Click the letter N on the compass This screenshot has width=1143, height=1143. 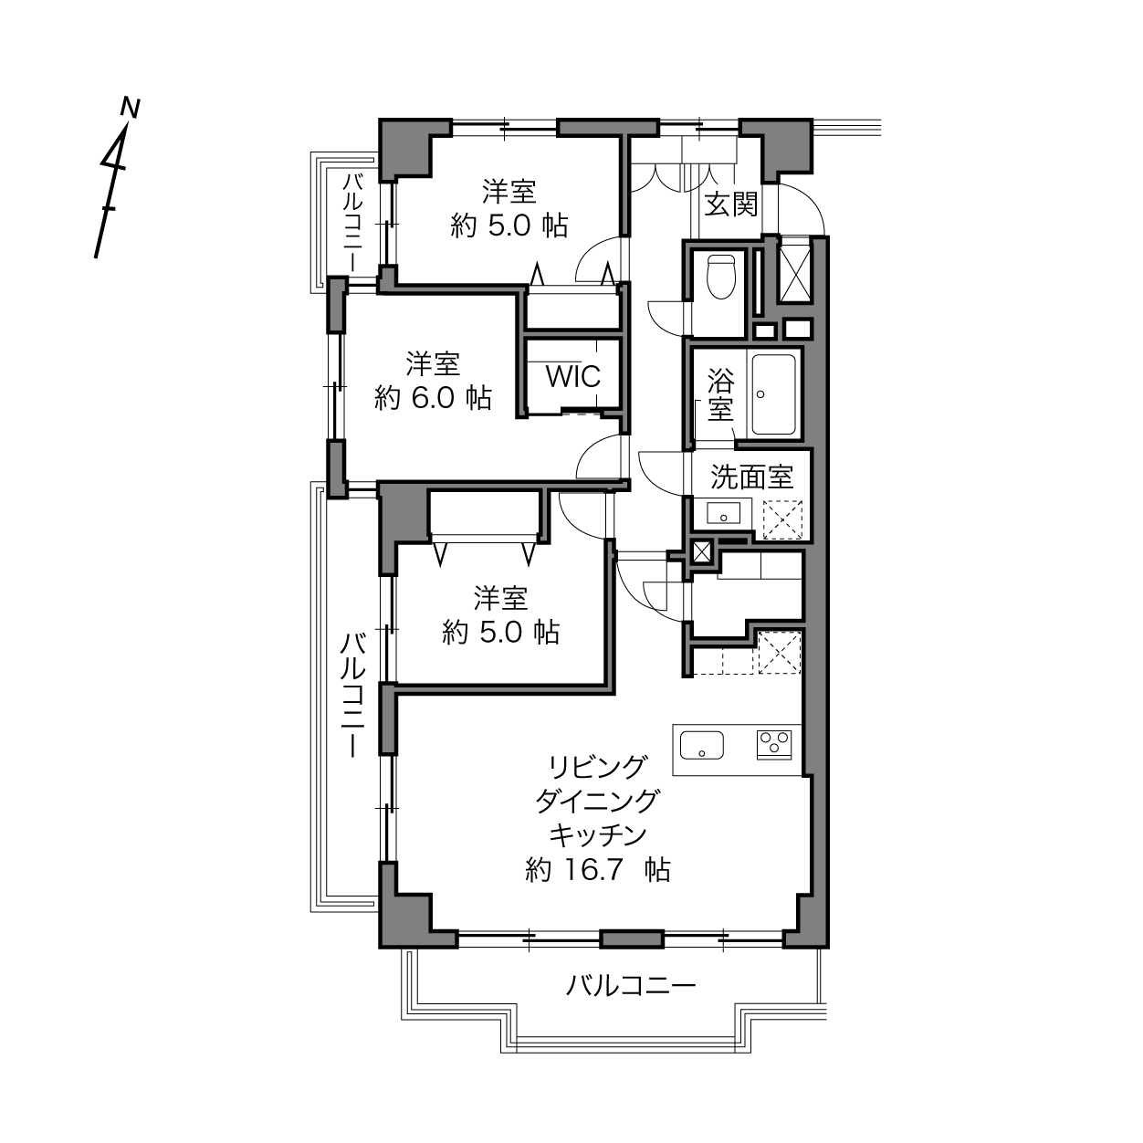coord(130,108)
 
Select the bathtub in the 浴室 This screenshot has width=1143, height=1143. coord(773,394)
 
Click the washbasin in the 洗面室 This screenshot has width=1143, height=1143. coord(724,512)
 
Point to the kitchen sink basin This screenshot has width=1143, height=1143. coord(702,745)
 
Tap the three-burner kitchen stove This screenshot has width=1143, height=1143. coord(774,745)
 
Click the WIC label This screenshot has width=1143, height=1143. coord(573,376)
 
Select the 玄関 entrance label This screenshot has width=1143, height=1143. coord(731,205)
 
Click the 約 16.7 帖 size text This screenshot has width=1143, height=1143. coord(598,870)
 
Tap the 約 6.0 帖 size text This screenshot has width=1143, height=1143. coord(433,397)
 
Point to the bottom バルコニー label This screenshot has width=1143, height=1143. coord(631,986)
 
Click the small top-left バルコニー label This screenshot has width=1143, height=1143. coord(352,222)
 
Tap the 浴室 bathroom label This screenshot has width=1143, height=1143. coord(720,394)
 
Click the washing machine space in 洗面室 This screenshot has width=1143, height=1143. coord(782,519)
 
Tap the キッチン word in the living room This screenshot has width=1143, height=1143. coord(598,835)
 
